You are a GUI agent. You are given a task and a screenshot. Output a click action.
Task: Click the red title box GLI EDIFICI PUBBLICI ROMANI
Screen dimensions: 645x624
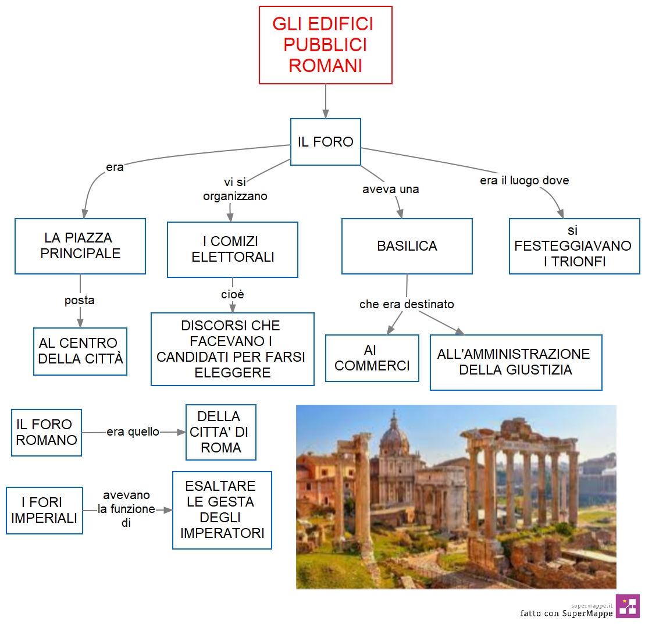pos(325,45)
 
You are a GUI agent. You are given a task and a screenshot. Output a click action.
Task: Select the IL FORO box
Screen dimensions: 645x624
pos(325,142)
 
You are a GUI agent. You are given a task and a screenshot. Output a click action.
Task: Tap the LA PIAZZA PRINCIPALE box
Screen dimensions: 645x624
pos(80,246)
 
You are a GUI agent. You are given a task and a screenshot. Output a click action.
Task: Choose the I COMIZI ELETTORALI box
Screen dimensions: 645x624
pos(233,249)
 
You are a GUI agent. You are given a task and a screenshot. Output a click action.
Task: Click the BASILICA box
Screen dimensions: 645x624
pos(407,246)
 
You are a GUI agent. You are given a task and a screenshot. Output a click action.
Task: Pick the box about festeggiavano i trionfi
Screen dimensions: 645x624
pos(574,246)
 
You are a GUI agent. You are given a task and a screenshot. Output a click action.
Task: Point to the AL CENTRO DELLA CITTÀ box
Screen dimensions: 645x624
pos(80,351)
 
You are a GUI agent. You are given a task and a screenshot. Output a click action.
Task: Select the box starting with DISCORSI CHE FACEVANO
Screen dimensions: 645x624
pos(233,349)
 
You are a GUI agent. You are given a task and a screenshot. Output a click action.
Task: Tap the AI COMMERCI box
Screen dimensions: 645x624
pos(372,358)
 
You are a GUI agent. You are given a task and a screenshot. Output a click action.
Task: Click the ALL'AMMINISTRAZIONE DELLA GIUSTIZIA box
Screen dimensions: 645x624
pos(516,362)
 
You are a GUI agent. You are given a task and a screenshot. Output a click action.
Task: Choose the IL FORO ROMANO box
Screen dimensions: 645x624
pos(47,432)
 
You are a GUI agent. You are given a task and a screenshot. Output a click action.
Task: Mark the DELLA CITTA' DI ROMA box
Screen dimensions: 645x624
pos(221,432)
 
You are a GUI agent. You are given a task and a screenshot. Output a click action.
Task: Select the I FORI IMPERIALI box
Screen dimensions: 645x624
pos(44,511)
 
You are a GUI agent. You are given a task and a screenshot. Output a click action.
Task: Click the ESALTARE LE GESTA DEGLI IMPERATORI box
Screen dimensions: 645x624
pos(222,510)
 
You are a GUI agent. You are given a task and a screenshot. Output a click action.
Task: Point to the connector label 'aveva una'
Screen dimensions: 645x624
pos(390,189)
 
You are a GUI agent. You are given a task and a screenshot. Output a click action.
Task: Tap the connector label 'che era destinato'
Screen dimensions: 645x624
pos(407,304)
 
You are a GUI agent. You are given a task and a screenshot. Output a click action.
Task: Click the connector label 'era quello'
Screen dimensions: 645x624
pos(133,432)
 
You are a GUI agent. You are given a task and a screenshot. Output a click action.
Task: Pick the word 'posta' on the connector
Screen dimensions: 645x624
pos(80,300)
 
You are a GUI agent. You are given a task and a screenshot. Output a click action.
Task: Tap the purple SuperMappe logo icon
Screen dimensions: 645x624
pos(628,606)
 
